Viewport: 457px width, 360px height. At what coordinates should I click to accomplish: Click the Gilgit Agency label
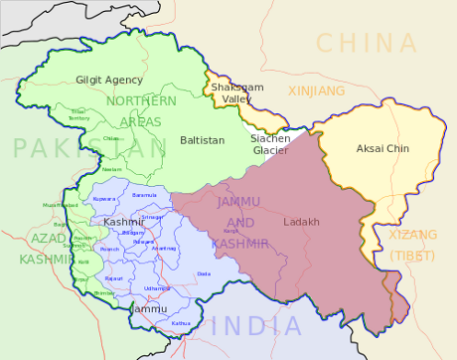pos(109,80)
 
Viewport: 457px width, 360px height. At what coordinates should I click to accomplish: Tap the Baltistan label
pos(202,141)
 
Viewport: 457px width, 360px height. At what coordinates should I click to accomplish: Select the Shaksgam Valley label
pos(236,93)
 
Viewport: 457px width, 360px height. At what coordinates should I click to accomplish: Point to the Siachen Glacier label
pos(270,144)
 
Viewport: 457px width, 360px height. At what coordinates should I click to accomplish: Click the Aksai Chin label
pos(382,149)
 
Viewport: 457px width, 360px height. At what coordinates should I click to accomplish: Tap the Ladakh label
pos(301,222)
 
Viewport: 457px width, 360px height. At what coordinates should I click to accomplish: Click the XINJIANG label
pos(316,90)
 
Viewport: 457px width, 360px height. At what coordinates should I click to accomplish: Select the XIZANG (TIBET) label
pos(411,246)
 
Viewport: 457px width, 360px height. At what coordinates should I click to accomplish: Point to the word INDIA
pos(255,325)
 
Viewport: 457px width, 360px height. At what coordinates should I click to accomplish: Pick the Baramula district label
pos(144,195)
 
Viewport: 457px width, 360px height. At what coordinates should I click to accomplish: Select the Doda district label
pos(204,272)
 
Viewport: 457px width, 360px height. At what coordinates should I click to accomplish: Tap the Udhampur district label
pos(157,287)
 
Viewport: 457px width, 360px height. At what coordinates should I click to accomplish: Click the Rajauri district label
pos(114,278)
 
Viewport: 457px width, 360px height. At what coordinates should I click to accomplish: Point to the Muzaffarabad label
pos(60,205)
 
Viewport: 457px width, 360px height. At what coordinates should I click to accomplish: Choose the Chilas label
pos(111,138)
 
